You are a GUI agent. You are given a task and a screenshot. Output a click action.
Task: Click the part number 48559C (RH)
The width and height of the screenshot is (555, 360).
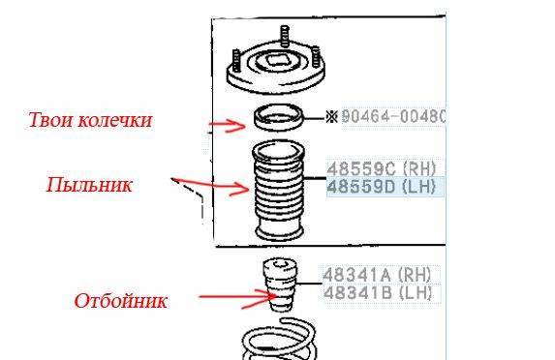pos(382,169)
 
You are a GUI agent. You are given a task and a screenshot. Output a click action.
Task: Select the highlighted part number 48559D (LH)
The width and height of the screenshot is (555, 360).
pos(382,187)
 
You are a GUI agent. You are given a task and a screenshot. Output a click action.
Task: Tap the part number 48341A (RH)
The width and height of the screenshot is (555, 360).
pos(377,275)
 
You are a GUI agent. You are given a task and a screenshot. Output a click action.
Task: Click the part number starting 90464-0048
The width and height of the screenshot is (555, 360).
pos(393,116)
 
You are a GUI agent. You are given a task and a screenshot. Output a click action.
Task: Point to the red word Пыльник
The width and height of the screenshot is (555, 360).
pos(89,185)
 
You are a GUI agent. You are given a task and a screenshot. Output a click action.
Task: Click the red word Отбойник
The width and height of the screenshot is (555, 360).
pos(120,301)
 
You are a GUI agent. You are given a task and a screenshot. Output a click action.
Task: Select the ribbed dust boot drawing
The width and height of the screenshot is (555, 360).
pos(278,191)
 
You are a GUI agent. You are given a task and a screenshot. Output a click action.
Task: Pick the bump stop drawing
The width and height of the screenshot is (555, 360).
pos(280,285)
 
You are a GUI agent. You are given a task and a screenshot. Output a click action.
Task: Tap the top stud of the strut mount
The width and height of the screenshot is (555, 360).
pos(285,36)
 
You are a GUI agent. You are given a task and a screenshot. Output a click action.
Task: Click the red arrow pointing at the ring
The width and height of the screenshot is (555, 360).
pos(228,125)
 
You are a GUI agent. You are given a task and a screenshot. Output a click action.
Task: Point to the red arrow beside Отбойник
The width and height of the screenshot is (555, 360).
pos(238,298)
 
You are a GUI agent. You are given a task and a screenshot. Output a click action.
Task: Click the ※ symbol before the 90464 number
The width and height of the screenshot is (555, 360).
pos(331,117)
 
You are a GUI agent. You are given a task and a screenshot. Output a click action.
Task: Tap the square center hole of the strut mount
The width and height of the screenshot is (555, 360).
pos(276,61)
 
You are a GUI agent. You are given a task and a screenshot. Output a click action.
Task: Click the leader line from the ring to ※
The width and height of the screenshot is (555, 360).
pos(315,118)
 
